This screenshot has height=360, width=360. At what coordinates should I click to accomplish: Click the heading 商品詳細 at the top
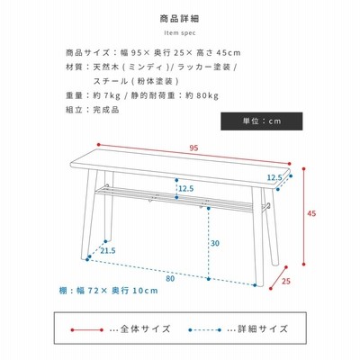coord(179,19)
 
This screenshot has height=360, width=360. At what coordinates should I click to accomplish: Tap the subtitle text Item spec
coord(180,33)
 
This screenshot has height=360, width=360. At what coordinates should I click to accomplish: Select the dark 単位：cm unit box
coord(262,121)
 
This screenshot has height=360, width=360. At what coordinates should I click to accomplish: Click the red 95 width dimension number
coord(193,148)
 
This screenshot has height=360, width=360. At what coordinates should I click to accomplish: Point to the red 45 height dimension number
coord(311,213)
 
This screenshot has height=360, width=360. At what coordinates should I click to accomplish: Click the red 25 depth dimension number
coord(286,282)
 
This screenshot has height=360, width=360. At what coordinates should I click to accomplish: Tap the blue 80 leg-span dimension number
coord(170,279)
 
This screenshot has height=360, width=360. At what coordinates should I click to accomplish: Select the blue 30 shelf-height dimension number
coord(215,243)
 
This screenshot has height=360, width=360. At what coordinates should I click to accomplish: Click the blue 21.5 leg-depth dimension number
coord(108,251)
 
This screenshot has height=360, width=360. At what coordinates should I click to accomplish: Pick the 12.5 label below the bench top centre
coord(186,189)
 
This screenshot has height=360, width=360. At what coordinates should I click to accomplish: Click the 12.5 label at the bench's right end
coord(274,177)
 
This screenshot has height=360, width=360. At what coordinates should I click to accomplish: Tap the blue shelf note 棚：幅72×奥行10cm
coord(108,291)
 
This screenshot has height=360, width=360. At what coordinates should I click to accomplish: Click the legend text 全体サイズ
coord(146,328)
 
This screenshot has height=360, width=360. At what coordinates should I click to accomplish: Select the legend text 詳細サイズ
coord(263,328)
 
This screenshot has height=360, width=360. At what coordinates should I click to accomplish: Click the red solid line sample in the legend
coord(87,330)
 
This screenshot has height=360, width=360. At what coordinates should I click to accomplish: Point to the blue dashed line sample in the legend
coord(204,330)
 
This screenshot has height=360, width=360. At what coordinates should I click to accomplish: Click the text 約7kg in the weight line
coord(106,96)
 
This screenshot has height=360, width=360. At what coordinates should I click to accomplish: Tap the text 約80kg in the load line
coord(202,96)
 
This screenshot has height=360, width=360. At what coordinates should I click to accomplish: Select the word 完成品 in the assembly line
coord(106,110)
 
